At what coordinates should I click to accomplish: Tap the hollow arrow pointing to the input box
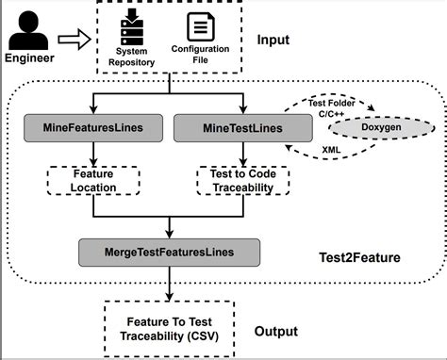74,40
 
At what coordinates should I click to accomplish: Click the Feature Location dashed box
93,180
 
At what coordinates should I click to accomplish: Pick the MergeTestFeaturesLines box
170,252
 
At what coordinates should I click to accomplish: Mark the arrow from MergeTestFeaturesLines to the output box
170,281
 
